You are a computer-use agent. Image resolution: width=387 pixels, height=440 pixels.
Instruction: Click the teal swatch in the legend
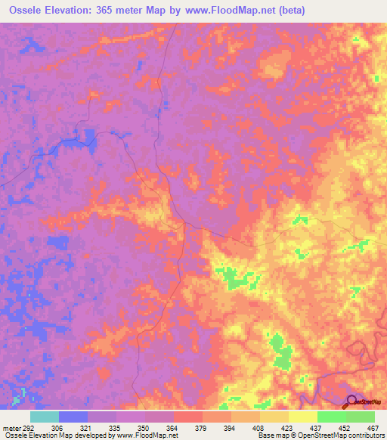click(x=45, y=417)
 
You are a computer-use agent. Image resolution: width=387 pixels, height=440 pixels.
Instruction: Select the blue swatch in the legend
click(x=73, y=417)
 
